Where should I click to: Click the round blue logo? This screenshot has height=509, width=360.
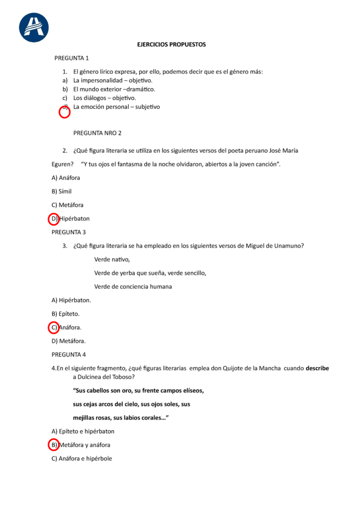(x=34, y=27)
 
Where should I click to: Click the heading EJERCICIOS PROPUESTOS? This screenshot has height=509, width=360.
(x=171, y=45)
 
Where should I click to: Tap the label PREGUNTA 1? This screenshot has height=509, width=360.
(x=72, y=58)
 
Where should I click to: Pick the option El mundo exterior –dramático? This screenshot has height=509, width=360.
(x=114, y=89)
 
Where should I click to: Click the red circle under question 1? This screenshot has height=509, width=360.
(x=65, y=112)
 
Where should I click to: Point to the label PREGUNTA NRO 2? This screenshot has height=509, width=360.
(x=97, y=133)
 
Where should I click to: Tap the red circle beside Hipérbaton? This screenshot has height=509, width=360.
(x=53, y=219)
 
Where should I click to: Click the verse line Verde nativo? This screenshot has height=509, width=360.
(x=112, y=259)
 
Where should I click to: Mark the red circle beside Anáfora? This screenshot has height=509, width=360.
(x=53, y=328)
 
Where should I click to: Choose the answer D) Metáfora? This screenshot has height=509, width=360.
(x=69, y=341)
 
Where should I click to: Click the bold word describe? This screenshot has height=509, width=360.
(x=317, y=368)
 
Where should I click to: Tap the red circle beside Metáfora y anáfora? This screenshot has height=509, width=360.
(x=53, y=445)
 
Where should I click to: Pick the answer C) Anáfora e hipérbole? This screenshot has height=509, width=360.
(x=82, y=459)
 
